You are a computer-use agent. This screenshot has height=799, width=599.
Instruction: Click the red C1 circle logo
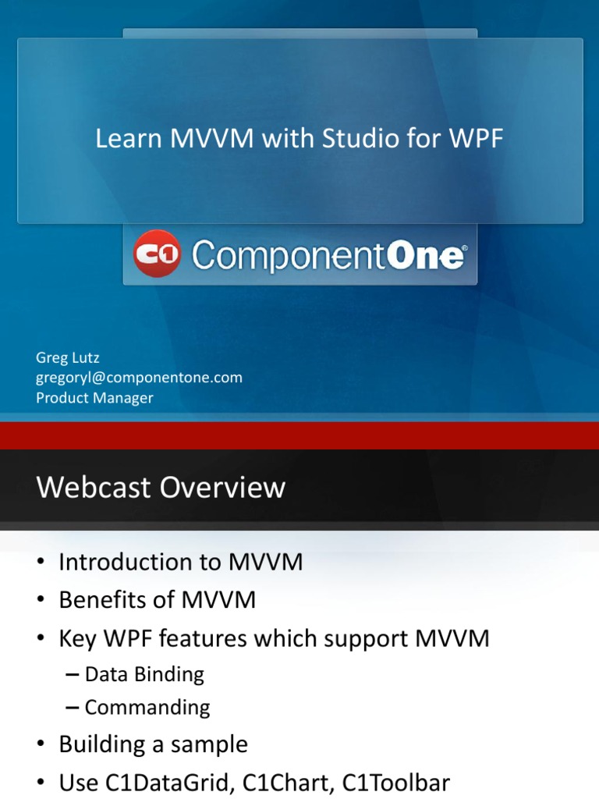point(157,254)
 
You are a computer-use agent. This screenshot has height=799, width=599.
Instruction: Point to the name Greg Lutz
point(68,357)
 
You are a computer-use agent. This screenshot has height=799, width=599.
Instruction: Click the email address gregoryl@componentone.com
point(139,378)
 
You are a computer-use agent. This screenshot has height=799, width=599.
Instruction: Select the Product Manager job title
point(94,398)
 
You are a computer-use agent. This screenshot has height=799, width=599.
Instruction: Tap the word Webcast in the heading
point(94,488)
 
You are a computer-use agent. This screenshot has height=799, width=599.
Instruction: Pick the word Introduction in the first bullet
point(129,563)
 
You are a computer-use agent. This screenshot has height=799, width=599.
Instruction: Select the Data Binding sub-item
point(144,674)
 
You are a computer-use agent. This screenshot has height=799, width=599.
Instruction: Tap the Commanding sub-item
point(147,708)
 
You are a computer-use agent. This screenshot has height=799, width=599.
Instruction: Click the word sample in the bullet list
point(211,744)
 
